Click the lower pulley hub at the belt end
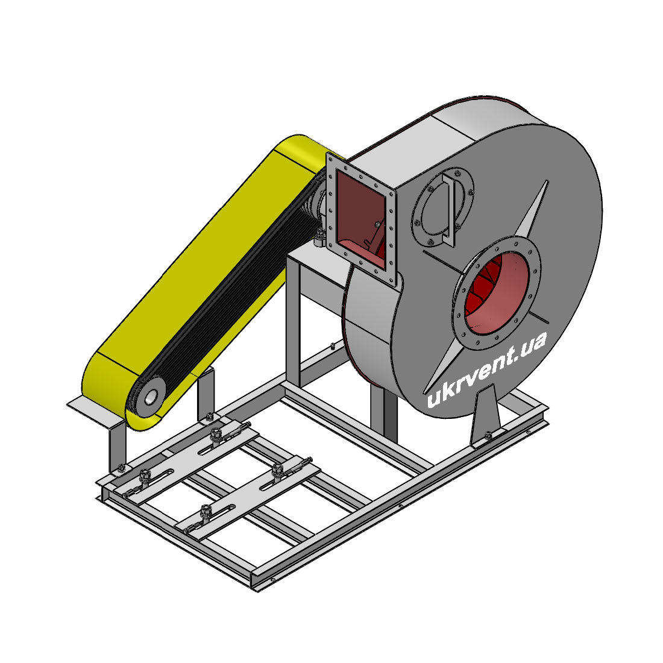click(x=151, y=397)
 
